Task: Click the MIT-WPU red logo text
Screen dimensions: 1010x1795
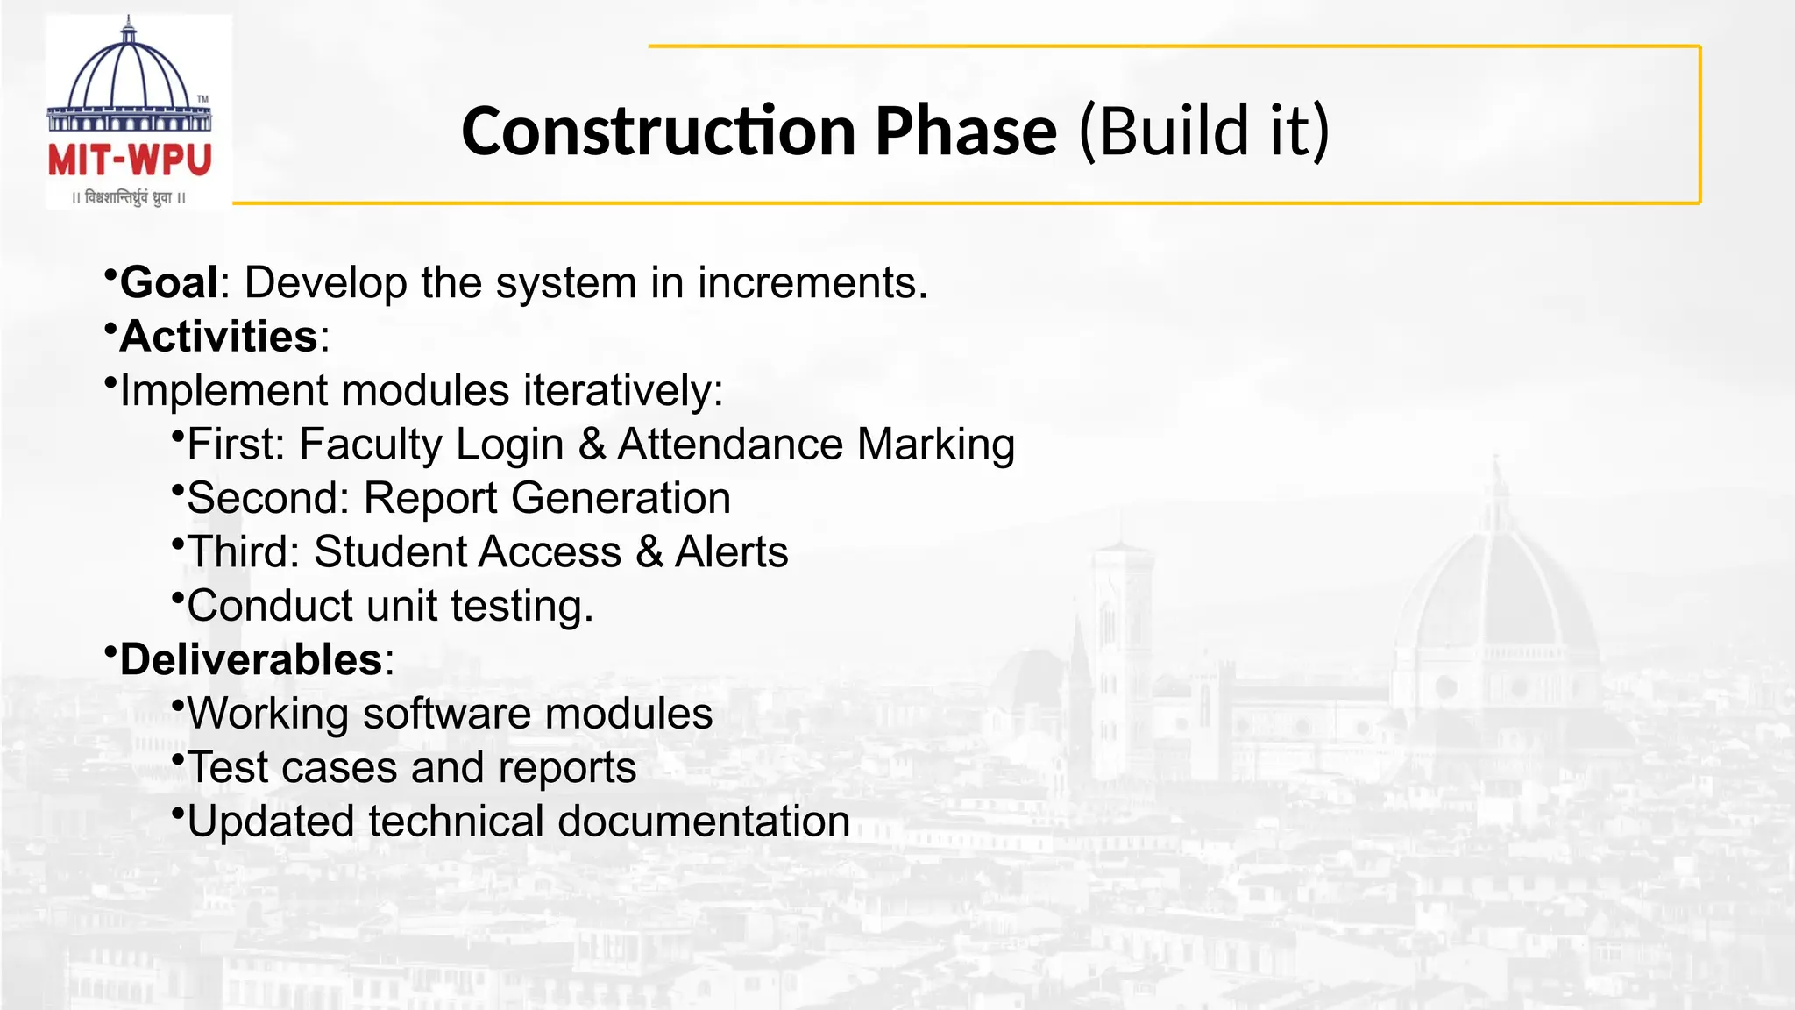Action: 130,160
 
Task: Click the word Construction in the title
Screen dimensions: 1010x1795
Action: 657,132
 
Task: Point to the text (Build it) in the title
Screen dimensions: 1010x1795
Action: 1204,132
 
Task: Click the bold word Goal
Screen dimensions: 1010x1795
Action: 168,283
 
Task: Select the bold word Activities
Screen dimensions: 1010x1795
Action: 218,337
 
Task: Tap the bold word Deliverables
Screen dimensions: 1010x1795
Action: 251,660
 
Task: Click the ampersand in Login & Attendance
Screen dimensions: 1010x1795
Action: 592,445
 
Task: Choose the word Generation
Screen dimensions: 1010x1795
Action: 621,498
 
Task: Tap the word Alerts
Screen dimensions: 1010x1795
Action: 731,552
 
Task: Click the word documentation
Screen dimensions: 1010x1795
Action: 703,822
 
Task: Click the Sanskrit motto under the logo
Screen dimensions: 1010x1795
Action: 130,197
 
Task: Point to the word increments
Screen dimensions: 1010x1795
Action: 812,283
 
